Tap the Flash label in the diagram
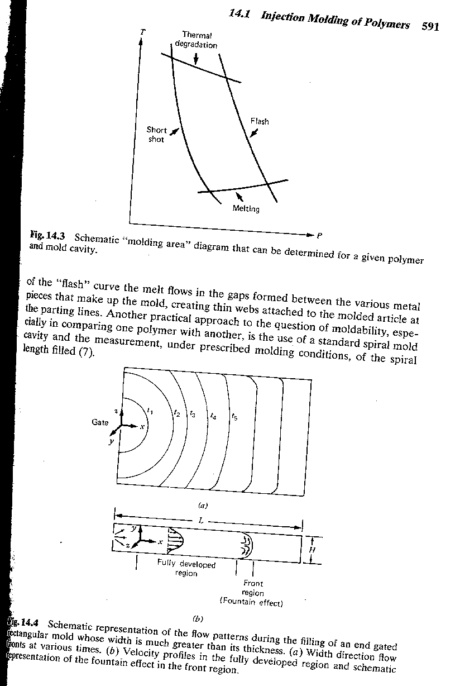point(259,121)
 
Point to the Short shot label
point(156,134)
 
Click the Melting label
point(246,209)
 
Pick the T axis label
point(142,32)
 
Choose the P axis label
point(319,235)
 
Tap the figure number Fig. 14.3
point(49,236)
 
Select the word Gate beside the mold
point(100,422)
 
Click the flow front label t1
point(148,411)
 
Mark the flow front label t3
point(193,414)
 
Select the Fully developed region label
point(186,569)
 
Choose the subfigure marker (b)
point(198,618)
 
